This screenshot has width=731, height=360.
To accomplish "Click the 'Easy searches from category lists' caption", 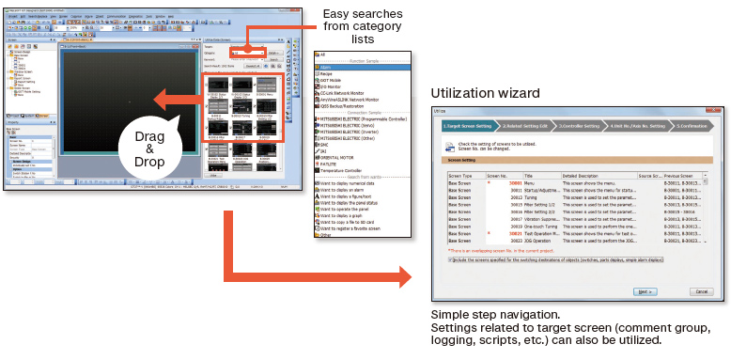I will pyautogui.click(x=362, y=28).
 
